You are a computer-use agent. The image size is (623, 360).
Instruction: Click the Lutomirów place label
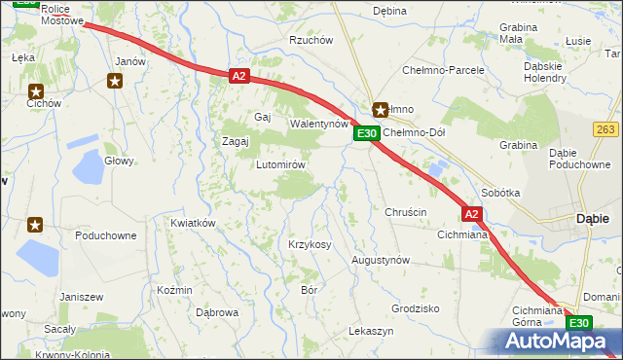click(x=281, y=164)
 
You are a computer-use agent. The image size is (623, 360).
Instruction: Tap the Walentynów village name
click(x=319, y=125)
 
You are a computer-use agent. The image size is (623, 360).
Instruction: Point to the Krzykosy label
click(x=310, y=243)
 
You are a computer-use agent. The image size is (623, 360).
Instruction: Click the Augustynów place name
click(x=381, y=261)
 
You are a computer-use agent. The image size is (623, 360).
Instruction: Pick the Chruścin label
click(x=406, y=212)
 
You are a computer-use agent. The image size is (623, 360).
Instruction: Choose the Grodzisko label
click(x=416, y=307)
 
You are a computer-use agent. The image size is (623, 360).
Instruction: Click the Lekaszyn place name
click(x=371, y=332)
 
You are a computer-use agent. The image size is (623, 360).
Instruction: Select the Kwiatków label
click(x=192, y=223)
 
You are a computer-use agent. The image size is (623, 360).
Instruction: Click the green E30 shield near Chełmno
click(x=366, y=133)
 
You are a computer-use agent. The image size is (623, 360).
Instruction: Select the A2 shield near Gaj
click(x=240, y=75)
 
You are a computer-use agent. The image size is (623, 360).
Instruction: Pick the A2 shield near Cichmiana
click(x=471, y=213)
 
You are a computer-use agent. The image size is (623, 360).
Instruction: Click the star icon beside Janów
click(x=115, y=81)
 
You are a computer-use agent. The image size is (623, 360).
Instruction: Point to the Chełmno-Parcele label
click(x=444, y=71)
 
